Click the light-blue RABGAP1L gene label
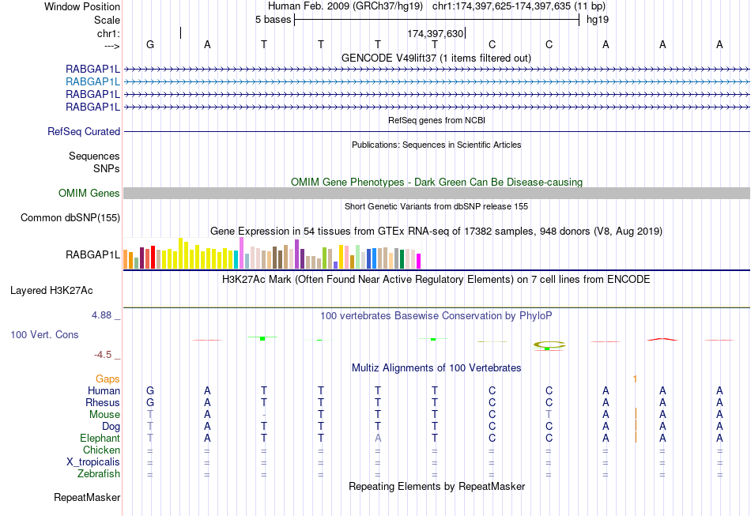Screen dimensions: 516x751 (x=92, y=81)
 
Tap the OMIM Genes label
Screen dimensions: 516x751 (x=89, y=194)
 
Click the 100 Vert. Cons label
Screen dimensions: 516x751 (x=44, y=335)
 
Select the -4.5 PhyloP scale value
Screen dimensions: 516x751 (x=106, y=355)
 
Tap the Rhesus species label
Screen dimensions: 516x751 (x=103, y=403)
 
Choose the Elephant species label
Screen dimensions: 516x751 (x=100, y=439)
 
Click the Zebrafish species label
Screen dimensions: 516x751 (x=99, y=474)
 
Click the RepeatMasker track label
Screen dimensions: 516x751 (x=87, y=498)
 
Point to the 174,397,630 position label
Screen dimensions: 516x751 (x=435, y=34)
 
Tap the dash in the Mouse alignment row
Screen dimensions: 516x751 (x=264, y=415)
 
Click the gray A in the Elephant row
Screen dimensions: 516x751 (x=378, y=439)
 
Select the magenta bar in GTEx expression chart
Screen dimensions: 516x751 (x=419, y=261)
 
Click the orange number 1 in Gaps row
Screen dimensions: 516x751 (x=635, y=379)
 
